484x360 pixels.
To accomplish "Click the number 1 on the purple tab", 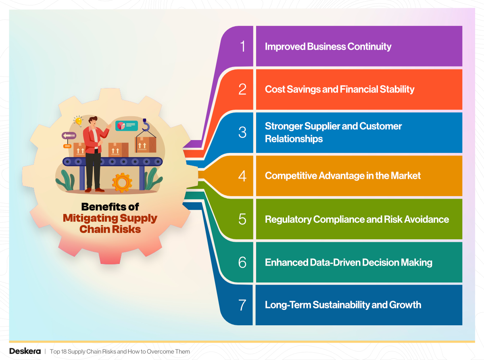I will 242,46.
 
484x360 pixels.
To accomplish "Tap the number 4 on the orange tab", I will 242,176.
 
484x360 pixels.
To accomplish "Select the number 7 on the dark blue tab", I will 242,305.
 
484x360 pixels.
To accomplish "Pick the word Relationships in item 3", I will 294,139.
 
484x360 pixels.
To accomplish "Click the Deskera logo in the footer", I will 25,351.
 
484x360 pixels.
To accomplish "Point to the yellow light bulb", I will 78,120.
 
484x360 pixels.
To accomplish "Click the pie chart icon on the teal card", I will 121,126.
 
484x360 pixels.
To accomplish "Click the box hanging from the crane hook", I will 145,144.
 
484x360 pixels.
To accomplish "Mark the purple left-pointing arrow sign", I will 69,136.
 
